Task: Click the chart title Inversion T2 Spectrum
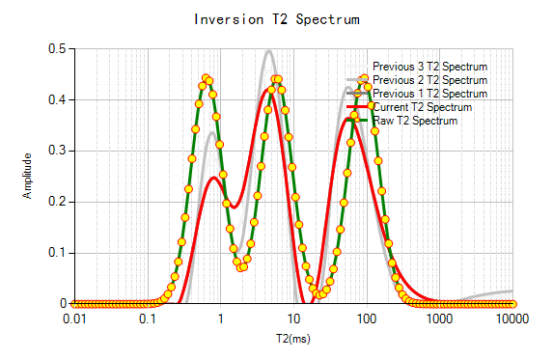[277, 19]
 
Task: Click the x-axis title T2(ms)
[293, 339]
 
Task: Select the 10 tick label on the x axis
[293, 318]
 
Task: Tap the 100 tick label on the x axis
[367, 318]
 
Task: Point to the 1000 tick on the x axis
[440, 318]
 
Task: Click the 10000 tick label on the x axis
[512, 318]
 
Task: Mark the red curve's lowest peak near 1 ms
[215, 178]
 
